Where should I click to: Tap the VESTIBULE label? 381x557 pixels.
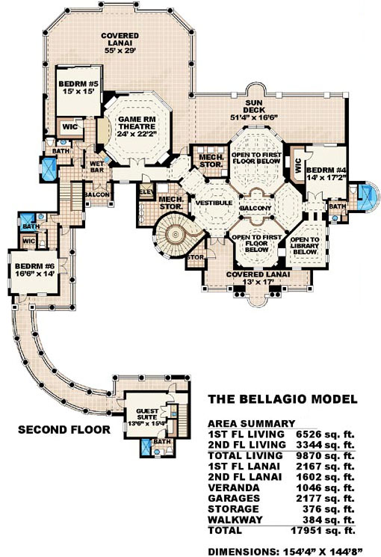pos(211,203)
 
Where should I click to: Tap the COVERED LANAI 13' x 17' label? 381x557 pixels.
pos(250,279)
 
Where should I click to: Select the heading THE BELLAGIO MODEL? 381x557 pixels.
pos(282,400)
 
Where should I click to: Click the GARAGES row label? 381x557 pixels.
pos(234,496)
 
